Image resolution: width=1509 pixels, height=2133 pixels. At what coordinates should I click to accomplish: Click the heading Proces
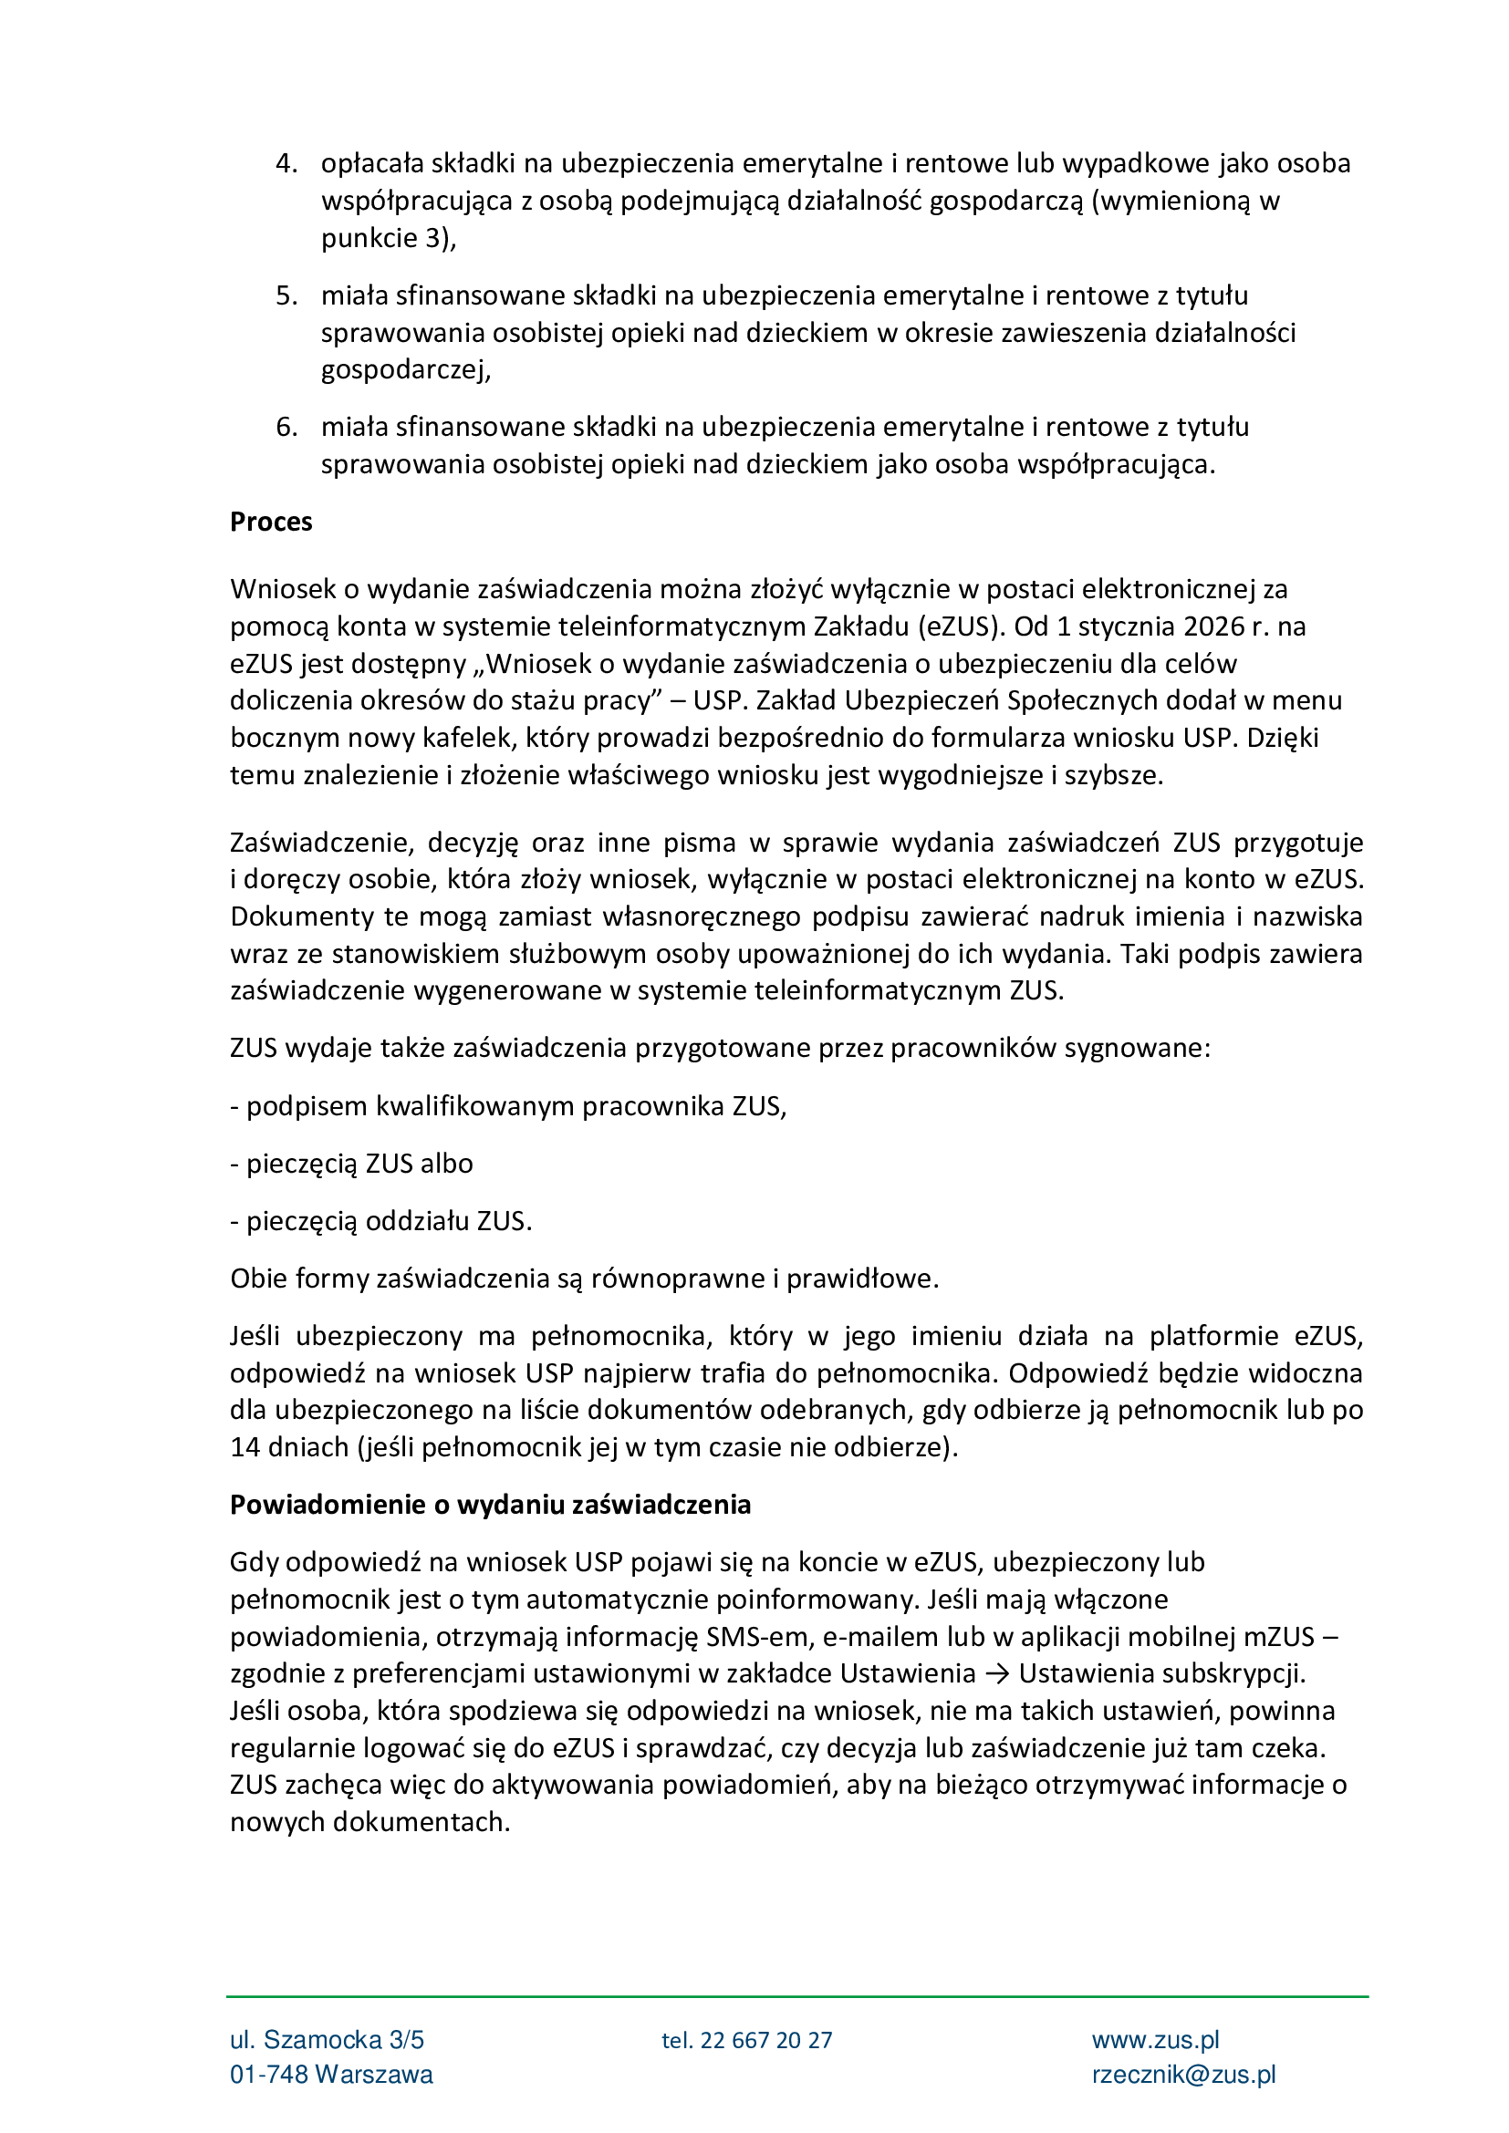pos(270,523)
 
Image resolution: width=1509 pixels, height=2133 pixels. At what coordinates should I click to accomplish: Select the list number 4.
pos(286,163)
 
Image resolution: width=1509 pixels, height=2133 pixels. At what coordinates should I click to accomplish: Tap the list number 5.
pos(286,295)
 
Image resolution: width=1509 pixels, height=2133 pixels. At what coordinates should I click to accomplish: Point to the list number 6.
pos(286,428)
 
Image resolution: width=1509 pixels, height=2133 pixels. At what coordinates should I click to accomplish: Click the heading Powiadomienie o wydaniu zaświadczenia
pos(490,1505)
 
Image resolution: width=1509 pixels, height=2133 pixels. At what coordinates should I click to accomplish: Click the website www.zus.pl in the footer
pos(1155,2041)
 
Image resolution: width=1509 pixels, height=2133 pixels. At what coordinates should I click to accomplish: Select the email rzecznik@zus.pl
pos(1183,2076)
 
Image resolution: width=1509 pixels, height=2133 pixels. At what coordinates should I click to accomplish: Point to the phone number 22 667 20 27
pos(765,2041)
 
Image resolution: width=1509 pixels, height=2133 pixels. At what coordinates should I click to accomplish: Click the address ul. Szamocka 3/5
pos(328,2041)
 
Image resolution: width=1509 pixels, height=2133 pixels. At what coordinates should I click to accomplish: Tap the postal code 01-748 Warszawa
pos(331,2076)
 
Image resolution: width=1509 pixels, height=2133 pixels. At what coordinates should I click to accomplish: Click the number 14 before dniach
pos(245,1447)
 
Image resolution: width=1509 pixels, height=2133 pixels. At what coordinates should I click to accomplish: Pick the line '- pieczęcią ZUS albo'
pos(351,1164)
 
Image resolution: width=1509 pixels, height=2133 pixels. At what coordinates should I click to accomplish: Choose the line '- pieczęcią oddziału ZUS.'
pos(381,1222)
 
